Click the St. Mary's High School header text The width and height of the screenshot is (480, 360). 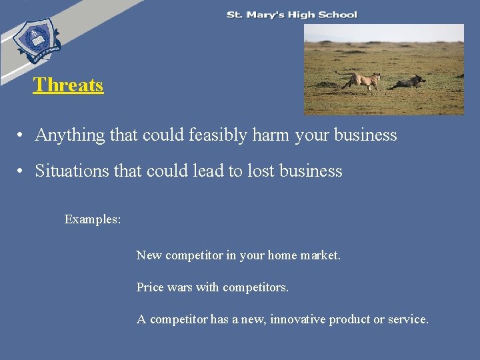click(292, 15)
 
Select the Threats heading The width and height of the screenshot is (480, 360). click(68, 85)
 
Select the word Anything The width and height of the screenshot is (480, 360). click(70, 135)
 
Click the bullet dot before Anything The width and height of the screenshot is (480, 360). click(22, 135)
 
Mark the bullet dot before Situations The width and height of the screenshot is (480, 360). click(22, 171)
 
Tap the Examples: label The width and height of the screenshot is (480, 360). click(93, 219)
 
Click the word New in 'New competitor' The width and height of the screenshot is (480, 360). click(149, 255)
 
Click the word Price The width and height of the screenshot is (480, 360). click(150, 287)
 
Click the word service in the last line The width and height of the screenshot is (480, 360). click(408, 319)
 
